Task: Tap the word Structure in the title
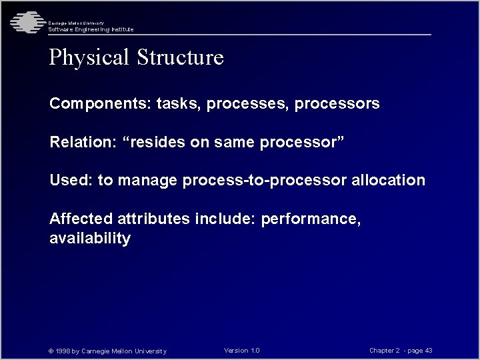[x=180, y=57]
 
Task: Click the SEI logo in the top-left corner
[x=25, y=22]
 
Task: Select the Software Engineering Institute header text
[x=91, y=29]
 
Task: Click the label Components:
[x=101, y=105]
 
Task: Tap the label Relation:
[x=81, y=143]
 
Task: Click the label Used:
[x=71, y=181]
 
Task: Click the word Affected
[x=81, y=219]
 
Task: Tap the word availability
[x=90, y=239]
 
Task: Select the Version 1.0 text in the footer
[x=242, y=351]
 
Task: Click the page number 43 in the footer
[x=428, y=351]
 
